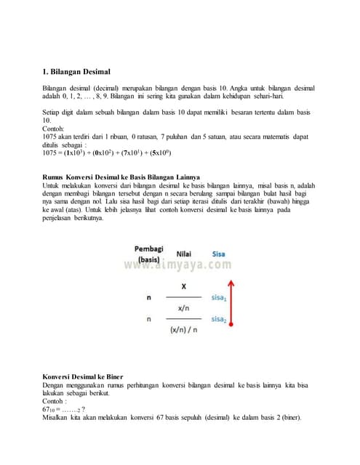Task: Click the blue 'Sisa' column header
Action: pyautogui.click(x=218, y=254)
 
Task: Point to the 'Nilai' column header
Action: pyautogui.click(x=183, y=254)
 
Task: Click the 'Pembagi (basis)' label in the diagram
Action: pyautogui.click(x=148, y=254)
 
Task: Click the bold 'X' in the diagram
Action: pyautogui.click(x=183, y=287)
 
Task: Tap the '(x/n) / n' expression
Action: pyautogui.click(x=183, y=330)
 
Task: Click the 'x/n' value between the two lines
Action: pyautogui.click(x=183, y=309)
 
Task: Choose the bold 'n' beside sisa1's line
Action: pyautogui.click(x=150, y=298)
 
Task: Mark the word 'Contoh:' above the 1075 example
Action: pyautogui.click(x=55, y=128)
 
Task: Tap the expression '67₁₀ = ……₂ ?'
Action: pyautogui.click(x=63, y=410)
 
